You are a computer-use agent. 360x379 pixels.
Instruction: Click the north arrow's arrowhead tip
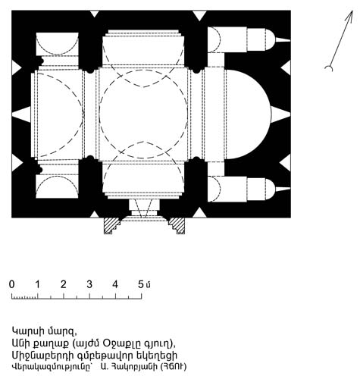click(x=352, y=11)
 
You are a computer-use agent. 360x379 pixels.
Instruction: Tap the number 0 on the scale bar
click(x=12, y=284)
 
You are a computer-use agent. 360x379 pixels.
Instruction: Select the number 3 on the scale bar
click(x=89, y=284)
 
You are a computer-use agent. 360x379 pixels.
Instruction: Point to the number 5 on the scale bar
click(x=141, y=284)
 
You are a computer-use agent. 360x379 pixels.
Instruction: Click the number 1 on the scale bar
click(x=37, y=284)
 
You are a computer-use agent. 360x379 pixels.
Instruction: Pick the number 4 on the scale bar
click(x=115, y=284)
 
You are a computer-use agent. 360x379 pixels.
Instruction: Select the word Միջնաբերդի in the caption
click(x=44, y=356)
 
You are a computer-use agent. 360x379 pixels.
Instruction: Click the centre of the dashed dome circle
click(x=143, y=114)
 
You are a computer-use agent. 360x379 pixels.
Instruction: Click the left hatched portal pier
click(x=112, y=226)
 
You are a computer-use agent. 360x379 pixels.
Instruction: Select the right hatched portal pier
click(x=177, y=226)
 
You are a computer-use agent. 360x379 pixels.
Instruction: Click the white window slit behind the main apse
click(x=280, y=114)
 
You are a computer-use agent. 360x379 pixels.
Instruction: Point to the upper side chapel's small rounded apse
click(x=270, y=39)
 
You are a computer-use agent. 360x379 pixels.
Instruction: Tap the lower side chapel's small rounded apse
click(x=270, y=189)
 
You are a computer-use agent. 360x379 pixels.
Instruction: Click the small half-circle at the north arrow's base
click(x=328, y=68)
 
